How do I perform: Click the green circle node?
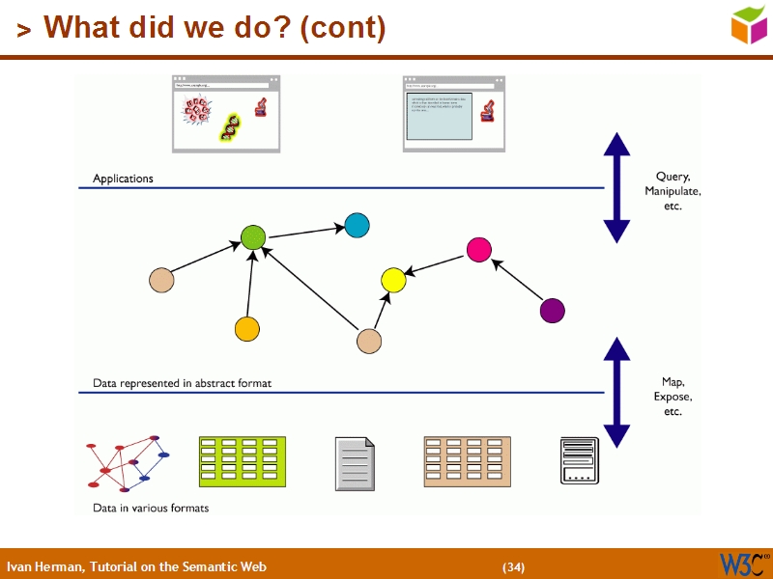tap(253, 237)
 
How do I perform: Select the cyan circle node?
tap(358, 225)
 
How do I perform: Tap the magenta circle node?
tap(479, 250)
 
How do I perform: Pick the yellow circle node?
tap(392, 281)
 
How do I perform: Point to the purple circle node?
tap(552, 310)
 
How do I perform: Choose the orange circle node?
tap(247, 329)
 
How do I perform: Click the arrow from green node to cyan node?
tap(305, 231)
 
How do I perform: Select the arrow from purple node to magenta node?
tap(516, 280)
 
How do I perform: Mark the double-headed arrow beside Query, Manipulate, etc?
tap(616, 187)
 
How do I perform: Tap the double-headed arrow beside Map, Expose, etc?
tap(616, 392)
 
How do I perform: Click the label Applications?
tap(123, 179)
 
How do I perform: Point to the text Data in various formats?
tap(151, 508)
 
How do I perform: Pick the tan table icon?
tap(467, 461)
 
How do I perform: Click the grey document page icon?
tap(355, 463)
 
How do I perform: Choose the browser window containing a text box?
tap(453, 114)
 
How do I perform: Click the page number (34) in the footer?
tap(513, 566)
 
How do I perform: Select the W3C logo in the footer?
tap(743, 564)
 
